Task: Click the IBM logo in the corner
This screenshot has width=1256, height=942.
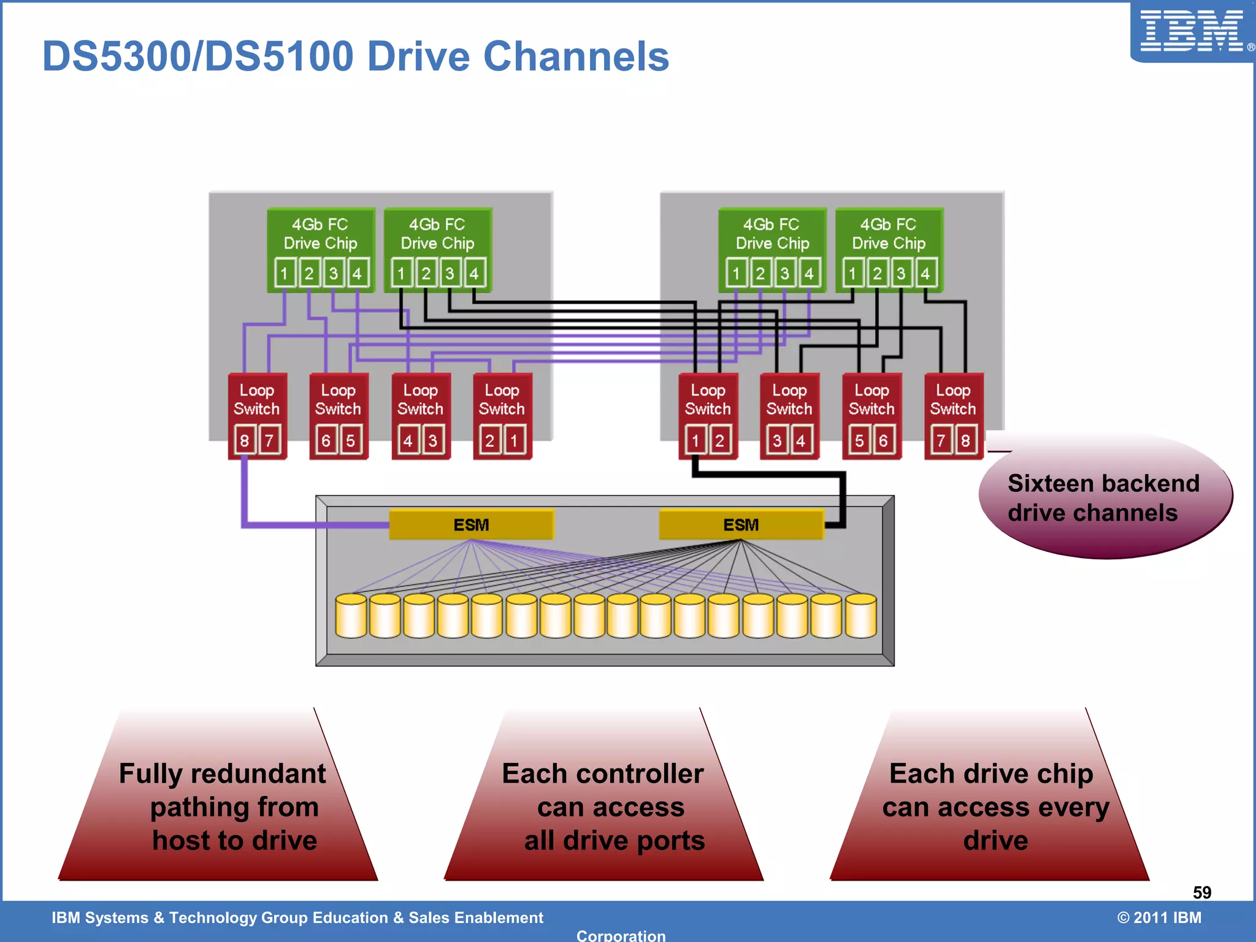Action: pos(1192,31)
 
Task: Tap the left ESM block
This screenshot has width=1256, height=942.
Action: pos(471,525)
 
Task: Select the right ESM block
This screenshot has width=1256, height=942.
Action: pos(741,525)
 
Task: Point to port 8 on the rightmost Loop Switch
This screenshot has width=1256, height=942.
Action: pos(965,440)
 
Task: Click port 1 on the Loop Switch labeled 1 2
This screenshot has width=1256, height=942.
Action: pos(695,440)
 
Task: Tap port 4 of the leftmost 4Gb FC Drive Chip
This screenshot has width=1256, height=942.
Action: pos(358,274)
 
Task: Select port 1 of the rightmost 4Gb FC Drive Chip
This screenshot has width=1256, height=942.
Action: pos(852,274)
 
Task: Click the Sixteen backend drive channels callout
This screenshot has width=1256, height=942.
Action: pos(1104,497)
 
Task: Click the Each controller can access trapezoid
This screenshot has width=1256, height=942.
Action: pos(604,806)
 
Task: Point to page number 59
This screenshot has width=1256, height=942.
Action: pos(1201,892)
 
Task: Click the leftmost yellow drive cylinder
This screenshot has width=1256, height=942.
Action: pos(351,616)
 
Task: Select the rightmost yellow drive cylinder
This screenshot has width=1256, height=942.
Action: pos(860,616)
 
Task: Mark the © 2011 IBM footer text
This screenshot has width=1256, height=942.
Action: pos(1158,917)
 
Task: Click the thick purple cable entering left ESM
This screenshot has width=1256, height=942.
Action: pos(307,524)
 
